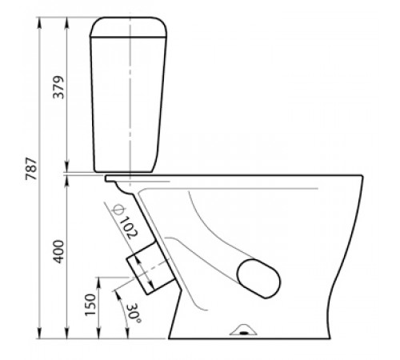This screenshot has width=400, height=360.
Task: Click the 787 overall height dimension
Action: [x=31, y=169]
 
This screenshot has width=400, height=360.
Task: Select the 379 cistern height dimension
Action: [x=58, y=87]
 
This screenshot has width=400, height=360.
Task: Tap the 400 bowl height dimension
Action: [x=58, y=252]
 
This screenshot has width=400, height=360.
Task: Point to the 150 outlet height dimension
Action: [x=90, y=305]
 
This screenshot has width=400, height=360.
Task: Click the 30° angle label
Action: [x=134, y=314]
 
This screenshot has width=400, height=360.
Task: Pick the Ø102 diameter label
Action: [x=124, y=222]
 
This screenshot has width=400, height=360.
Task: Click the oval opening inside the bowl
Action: [x=258, y=278]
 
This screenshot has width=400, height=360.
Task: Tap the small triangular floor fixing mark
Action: [x=243, y=330]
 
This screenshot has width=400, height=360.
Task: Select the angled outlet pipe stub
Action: [x=150, y=268]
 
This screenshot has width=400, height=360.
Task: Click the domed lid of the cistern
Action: [x=129, y=27]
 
